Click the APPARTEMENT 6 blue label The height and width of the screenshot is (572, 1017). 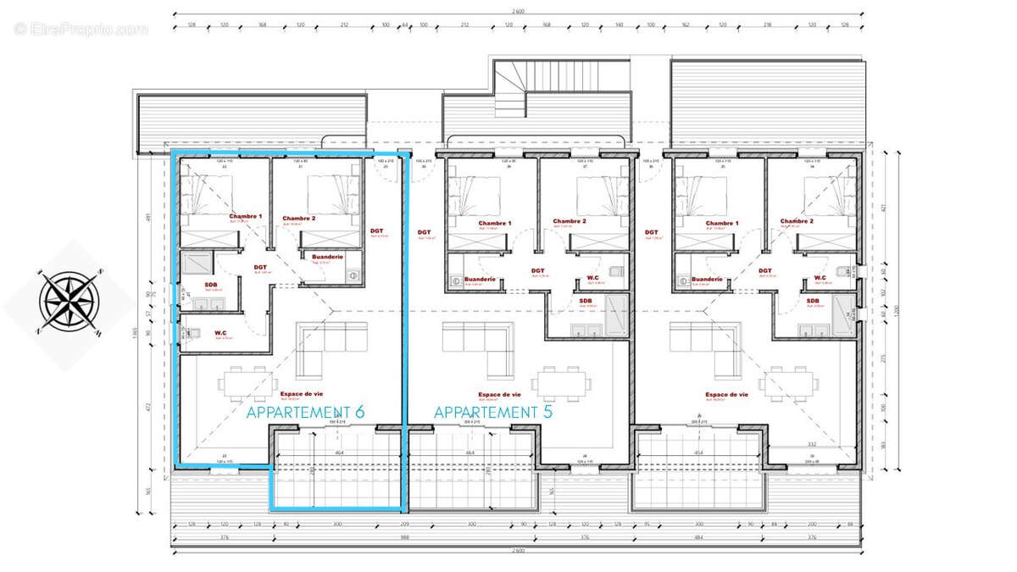pos(305,413)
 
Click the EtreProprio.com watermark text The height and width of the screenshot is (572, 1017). pos(81,29)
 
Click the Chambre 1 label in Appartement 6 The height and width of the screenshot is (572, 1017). pos(245,217)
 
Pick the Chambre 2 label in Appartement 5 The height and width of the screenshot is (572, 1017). pos(570,221)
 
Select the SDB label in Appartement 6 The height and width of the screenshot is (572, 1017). pos(210,285)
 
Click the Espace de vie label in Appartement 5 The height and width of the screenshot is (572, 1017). pos(499,394)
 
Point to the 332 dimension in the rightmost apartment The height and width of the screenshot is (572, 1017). pos(811,444)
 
